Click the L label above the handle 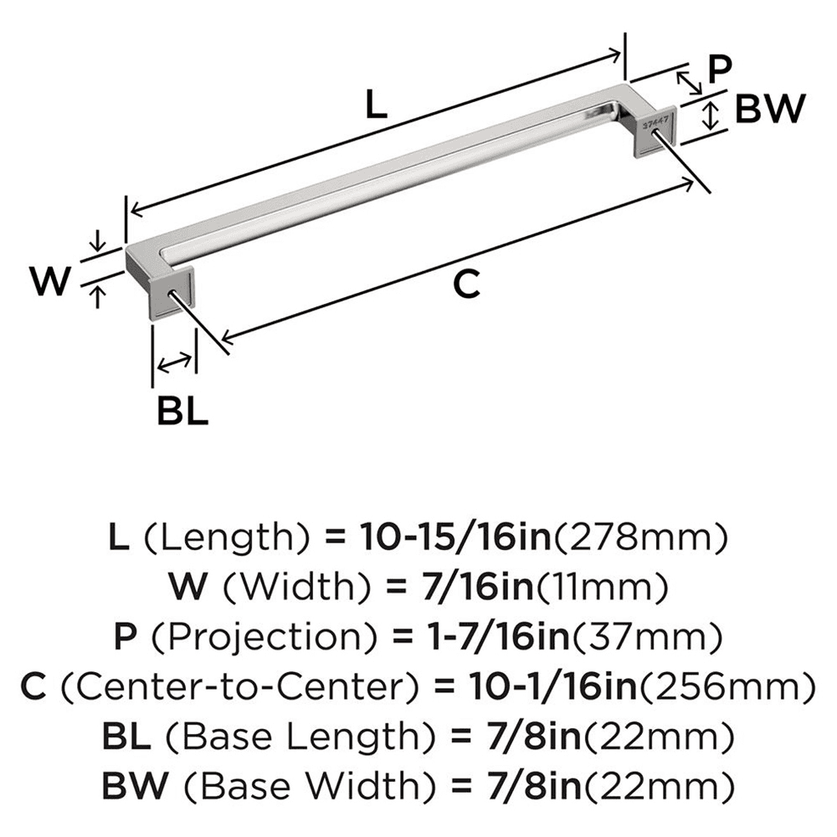click(x=377, y=105)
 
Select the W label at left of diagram click(x=49, y=281)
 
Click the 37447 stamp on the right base click(x=655, y=121)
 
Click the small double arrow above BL click(x=174, y=362)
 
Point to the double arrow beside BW click(x=711, y=115)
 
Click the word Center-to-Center click(x=242, y=688)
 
